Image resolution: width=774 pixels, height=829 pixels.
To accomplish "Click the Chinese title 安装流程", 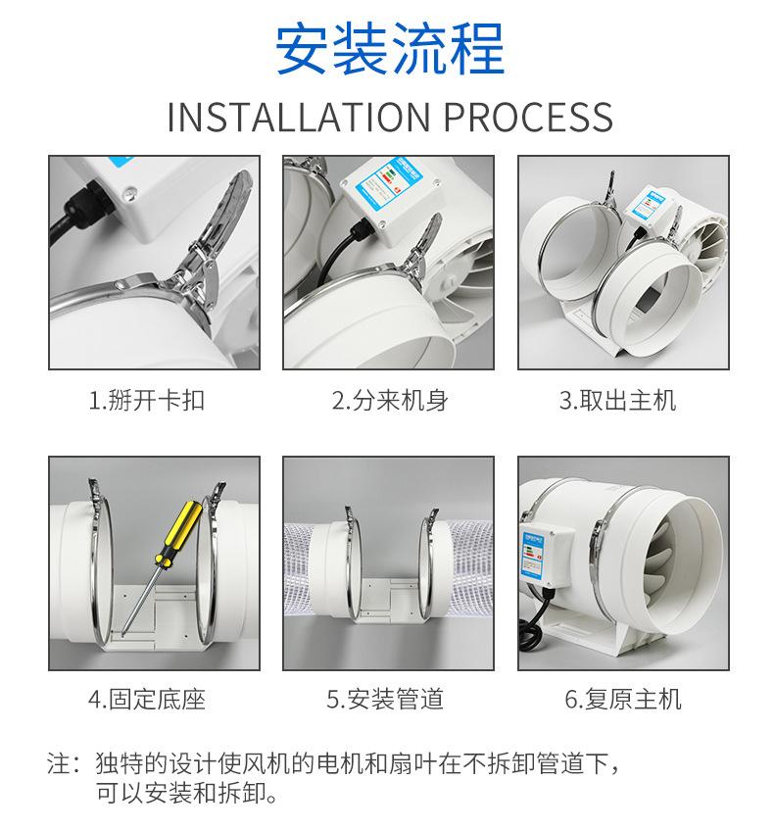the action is point(390,49).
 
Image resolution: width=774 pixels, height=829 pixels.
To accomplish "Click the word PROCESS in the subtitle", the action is point(528,117).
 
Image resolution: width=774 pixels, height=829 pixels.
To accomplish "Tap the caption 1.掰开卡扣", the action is point(146,400).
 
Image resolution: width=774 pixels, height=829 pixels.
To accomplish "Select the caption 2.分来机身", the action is point(390,400).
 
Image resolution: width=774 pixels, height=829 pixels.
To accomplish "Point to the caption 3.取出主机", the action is point(617,400).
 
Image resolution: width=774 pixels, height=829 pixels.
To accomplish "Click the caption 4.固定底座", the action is point(146,699).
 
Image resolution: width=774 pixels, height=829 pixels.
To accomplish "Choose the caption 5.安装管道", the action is point(385,699).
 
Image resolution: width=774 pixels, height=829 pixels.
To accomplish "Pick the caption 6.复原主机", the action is point(623,699).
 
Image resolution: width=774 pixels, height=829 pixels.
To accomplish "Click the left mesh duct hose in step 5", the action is point(299,570).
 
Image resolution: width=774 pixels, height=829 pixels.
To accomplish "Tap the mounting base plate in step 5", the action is point(390,600).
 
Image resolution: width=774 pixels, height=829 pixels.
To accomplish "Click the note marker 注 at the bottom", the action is point(58,763).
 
